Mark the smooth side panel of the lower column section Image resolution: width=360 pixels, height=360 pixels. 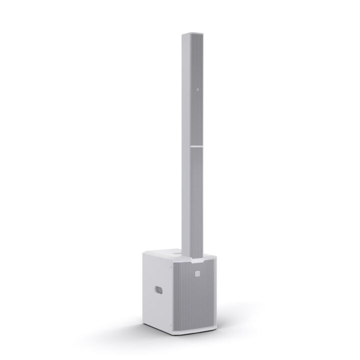(x=191, y=200)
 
